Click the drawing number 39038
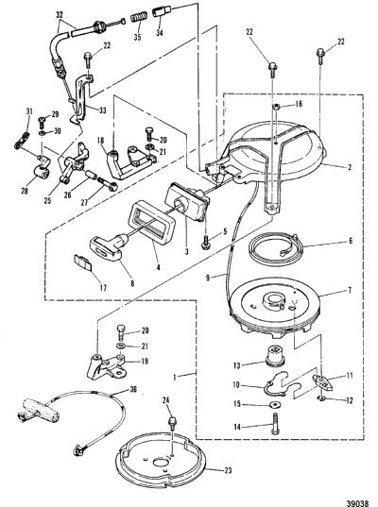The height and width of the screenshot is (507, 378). coord(357,503)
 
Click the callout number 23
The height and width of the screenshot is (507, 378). coord(228,470)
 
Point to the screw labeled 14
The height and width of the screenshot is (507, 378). coord(275,423)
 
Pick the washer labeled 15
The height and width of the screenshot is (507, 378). coord(276,404)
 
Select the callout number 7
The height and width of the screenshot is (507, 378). coord(350,291)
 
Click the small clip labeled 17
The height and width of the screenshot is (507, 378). coord(83,262)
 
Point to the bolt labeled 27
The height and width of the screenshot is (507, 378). coord(107,183)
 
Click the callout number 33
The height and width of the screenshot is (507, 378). coord(103,110)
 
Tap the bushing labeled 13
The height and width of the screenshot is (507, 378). coord(275,356)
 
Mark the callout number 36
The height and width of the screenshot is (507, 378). coord(133,389)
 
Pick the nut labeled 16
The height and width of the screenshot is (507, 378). coord(276,107)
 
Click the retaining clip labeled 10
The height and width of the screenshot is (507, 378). coord(276,382)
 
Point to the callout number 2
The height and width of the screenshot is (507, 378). coord(350,167)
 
